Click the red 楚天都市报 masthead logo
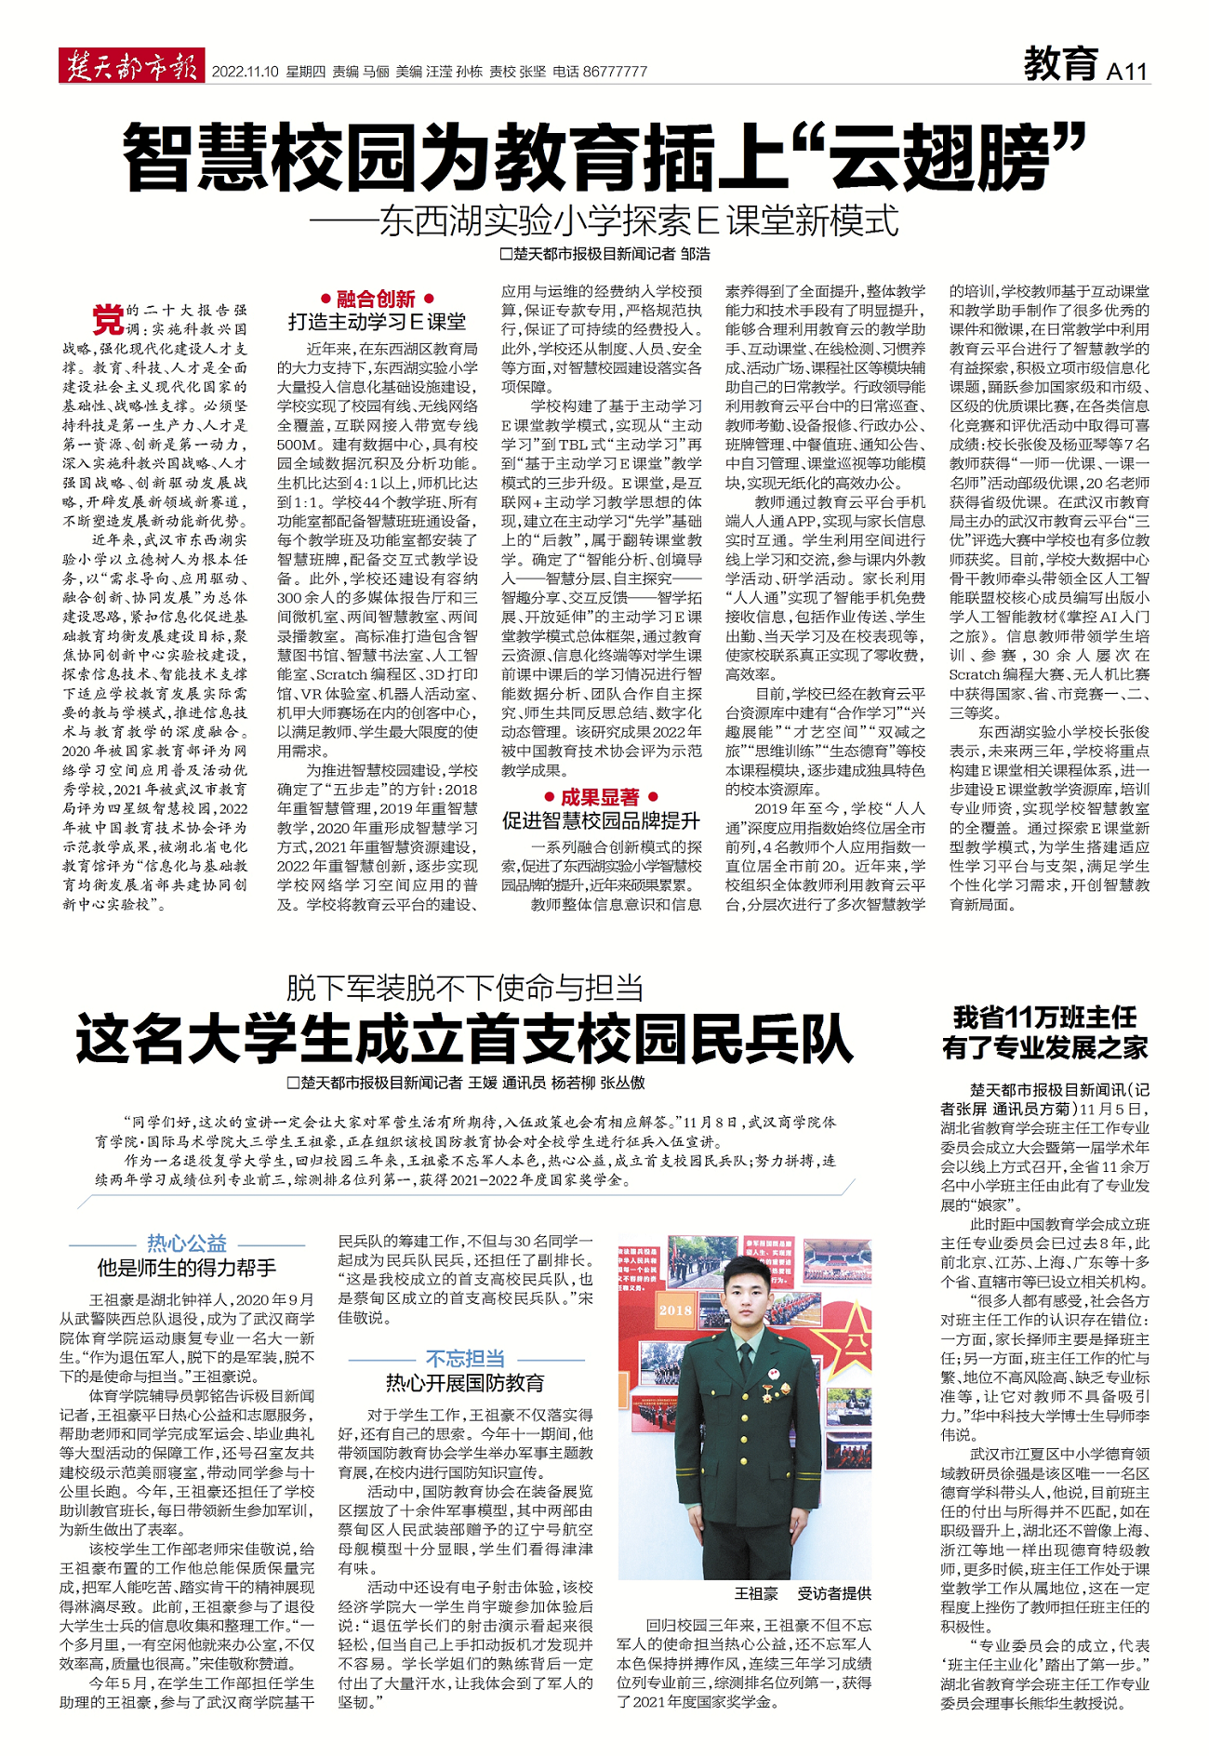[131, 67]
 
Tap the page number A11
[1127, 71]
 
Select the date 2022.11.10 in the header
[245, 72]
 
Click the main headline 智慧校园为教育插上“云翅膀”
[604, 156]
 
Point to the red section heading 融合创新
[376, 299]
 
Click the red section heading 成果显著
[600, 797]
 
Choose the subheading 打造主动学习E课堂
[377, 322]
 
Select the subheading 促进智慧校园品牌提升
[600, 820]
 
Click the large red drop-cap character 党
[107, 319]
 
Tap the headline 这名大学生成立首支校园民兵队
[464, 1040]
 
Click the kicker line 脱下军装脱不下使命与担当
[464, 988]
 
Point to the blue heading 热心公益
[187, 1244]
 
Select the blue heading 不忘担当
[465, 1359]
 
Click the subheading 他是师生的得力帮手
[187, 1268]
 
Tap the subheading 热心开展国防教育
[465, 1383]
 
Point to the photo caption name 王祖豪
[756, 1594]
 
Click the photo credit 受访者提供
[834, 1594]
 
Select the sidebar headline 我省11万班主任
[1044, 1017]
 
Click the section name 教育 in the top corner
[1061, 64]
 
